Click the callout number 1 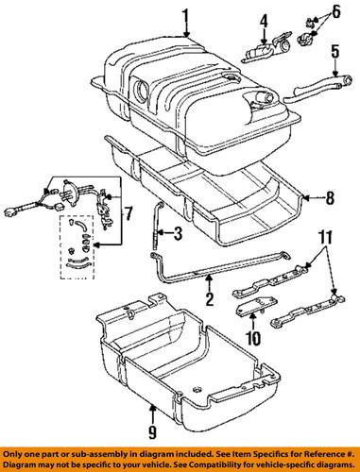[185, 16]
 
